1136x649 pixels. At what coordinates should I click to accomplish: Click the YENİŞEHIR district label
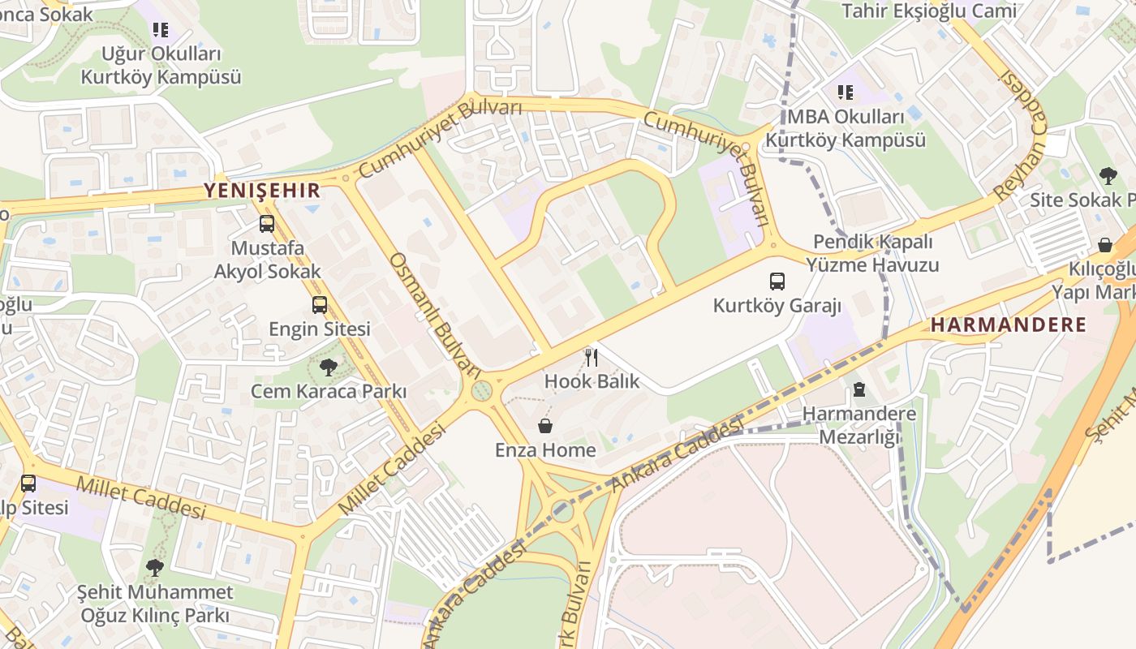pos(262,191)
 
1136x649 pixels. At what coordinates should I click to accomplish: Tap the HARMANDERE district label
pos(1008,325)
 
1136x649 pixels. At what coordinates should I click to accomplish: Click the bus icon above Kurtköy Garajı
pos(777,282)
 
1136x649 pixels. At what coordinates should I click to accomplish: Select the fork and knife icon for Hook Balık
pos(592,357)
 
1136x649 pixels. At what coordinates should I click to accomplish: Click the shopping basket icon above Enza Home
pos(545,426)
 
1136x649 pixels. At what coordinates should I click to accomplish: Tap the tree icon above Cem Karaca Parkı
pos(328,367)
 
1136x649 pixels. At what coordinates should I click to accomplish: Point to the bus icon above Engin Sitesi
pos(320,305)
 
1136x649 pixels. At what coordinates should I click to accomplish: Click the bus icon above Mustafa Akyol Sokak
pos(267,224)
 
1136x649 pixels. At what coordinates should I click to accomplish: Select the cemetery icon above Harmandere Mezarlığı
pos(859,390)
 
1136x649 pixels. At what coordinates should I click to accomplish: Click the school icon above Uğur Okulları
pos(161,31)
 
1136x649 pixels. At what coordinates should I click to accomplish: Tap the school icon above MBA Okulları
pos(846,93)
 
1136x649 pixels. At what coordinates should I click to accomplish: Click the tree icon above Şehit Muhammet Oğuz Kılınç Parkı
pos(154,568)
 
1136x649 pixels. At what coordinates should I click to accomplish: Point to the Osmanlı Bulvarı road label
pos(435,313)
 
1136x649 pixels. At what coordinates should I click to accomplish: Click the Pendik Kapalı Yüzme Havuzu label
pos(872,253)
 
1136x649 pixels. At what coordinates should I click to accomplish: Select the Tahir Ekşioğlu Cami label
pos(928,11)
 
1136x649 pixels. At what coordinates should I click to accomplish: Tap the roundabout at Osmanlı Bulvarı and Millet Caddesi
pos(482,391)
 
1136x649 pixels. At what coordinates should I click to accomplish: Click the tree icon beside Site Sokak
pos(1108,176)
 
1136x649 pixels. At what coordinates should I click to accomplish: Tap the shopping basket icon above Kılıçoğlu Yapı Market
pos(1104,245)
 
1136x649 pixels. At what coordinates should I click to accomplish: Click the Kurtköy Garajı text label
pos(777,306)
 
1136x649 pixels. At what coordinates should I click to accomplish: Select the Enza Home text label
pos(545,450)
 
